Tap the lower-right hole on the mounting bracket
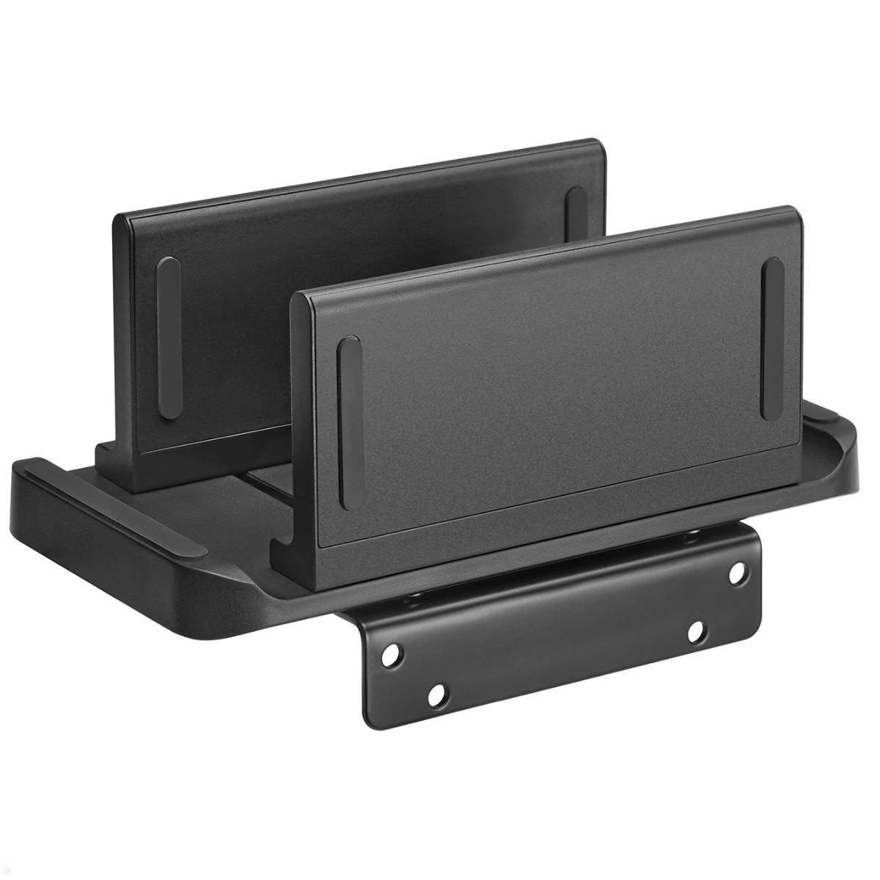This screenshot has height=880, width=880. pyautogui.click(x=697, y=632)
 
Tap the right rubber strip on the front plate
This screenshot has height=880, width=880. pyautogui.click(x=772, y=339)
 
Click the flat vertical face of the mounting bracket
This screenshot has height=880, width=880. pyautogui.click(x=557, y=645)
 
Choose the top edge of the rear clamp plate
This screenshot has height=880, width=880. pyautogui.click(x=359, y=169)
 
